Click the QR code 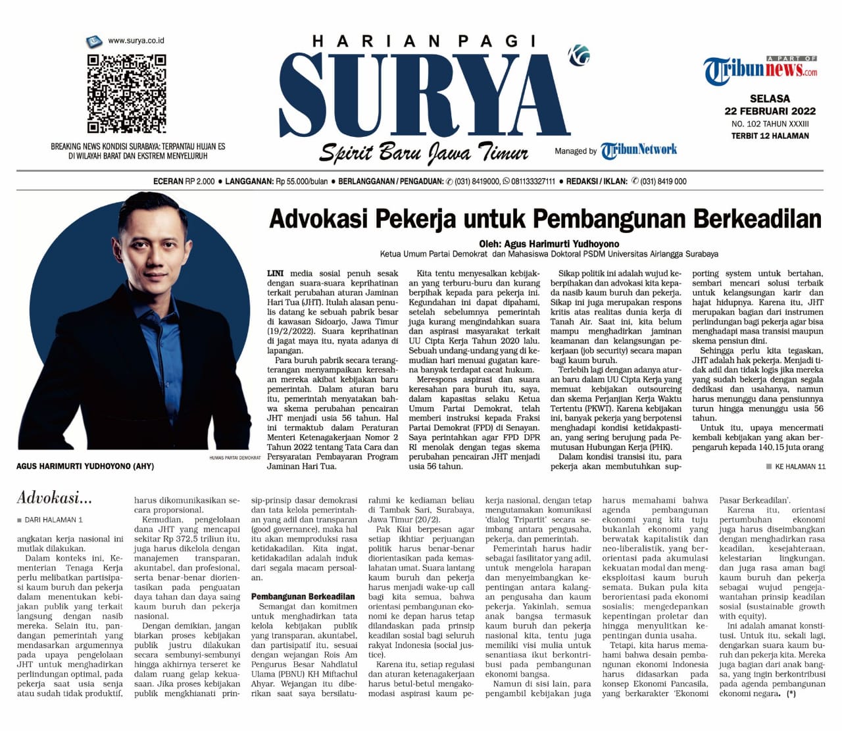coord(126,93)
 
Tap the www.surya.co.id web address coord(136,41)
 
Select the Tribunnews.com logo coord(760,69)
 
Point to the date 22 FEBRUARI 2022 coord(770,111)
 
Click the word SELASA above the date coord(770,99)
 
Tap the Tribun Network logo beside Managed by coord(639,150)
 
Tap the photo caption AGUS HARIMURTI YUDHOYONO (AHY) coord(85,466)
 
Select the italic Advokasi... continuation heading coord(55,497)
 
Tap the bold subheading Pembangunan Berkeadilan coord(303,597)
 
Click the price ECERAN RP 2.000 coord(184,182)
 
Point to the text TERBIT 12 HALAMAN coord(770,136)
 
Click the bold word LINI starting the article coord(276,273)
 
